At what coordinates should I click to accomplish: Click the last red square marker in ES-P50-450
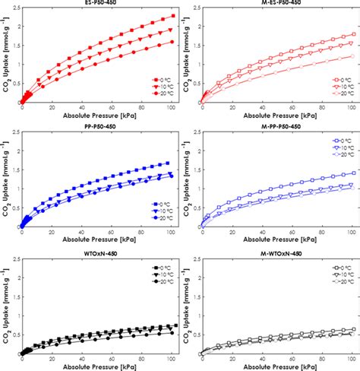pos(173,16)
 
